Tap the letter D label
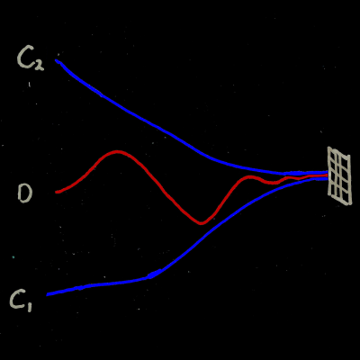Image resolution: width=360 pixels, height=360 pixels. coord(25,193)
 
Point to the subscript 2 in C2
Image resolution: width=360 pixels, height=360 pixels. coord(39,65)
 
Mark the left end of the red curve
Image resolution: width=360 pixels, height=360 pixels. coord(56,192)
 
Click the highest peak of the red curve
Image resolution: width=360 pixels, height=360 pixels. coord(117,152)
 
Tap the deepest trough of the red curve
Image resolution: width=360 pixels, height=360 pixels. coord(201,223)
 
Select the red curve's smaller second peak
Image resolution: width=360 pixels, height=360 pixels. coord(248,176)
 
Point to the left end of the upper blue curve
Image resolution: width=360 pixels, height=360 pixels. coord(56,60)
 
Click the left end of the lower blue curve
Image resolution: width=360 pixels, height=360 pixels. coord(47,295)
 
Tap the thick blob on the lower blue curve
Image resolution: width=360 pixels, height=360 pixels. coord(155,274)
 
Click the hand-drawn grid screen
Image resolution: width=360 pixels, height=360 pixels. coord(339,175)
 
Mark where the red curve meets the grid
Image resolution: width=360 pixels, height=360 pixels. coord(328,175)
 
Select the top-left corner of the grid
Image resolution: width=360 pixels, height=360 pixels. coord(328,147)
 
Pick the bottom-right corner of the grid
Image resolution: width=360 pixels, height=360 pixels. coord(350,204)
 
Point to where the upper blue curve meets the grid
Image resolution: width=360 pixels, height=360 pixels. coord(328,173)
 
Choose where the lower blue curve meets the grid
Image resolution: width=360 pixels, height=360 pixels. coord(328,179)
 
